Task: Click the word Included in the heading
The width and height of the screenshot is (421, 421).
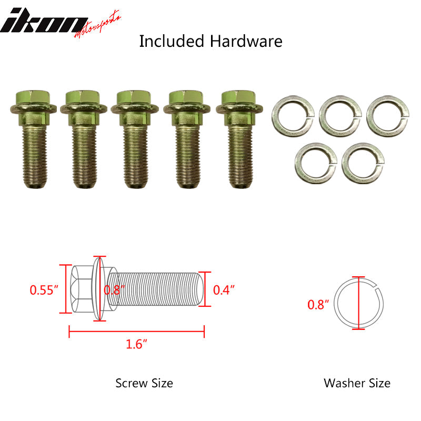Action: tap(172, 42)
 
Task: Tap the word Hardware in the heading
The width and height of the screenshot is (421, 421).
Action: tap(246, 42)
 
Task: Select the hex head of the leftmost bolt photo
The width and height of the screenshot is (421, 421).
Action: tap(33, 98)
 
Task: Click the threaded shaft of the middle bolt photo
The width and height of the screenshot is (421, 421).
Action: tap(135, 157)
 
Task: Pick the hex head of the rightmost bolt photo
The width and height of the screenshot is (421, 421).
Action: tap(239, 98)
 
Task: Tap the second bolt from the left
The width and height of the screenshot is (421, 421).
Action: tap(84, 139)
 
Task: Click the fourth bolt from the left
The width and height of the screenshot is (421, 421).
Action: tap(187, 139)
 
